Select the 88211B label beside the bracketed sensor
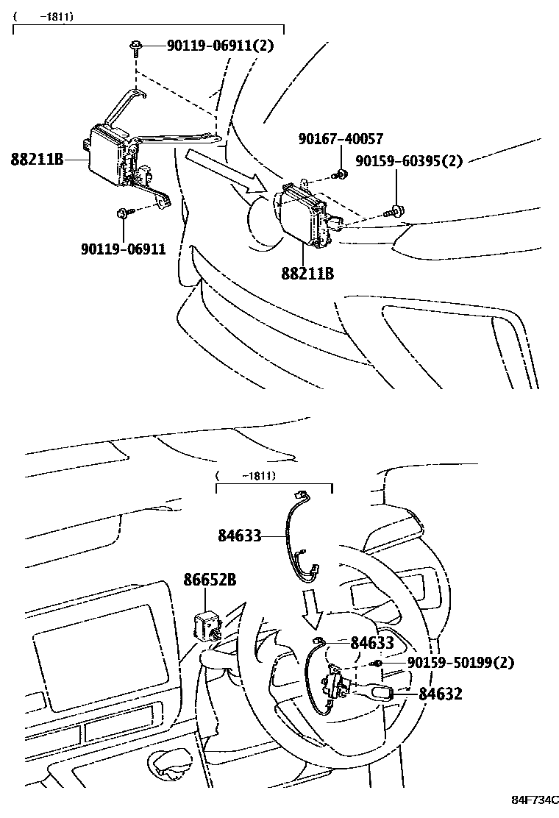pyautogui.click(x=37, y=158)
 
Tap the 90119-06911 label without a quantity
pyautogui.click(x=123, y=249)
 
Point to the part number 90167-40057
pyautogui.click(x=341, y=139)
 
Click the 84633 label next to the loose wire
pyautogui.click(x=239, y=536)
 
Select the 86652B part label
pyautogui.click(x=210, y=580)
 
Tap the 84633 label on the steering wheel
pyautogui.click(x=372, y=643)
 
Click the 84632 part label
pyautogui.click(x=441, y=693)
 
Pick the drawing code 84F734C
pyautogui.click(x=535, y=800)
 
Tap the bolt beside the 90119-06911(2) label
pyautogui.click(x=137, y=47)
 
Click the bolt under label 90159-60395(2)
pyautogui.click(x=395, y=211)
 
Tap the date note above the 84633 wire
pyautogui.click(x=246, y=476)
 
